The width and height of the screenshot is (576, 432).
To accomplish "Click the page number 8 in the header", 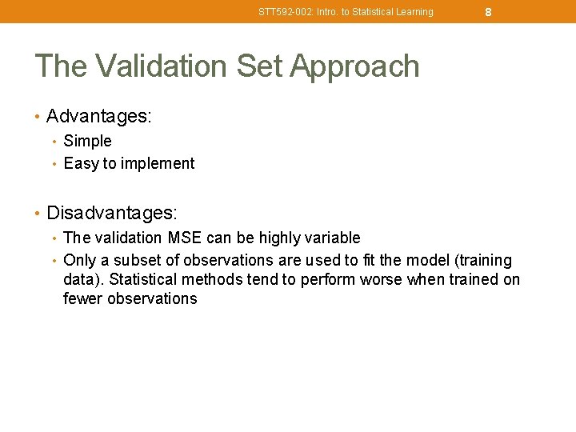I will pos(488,12).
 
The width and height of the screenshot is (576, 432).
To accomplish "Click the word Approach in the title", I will pos(354,66).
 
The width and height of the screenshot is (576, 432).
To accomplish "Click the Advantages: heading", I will pos(99,117).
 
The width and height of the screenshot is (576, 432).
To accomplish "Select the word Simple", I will pos(87,141).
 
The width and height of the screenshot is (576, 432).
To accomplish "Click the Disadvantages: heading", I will pos(112,214).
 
